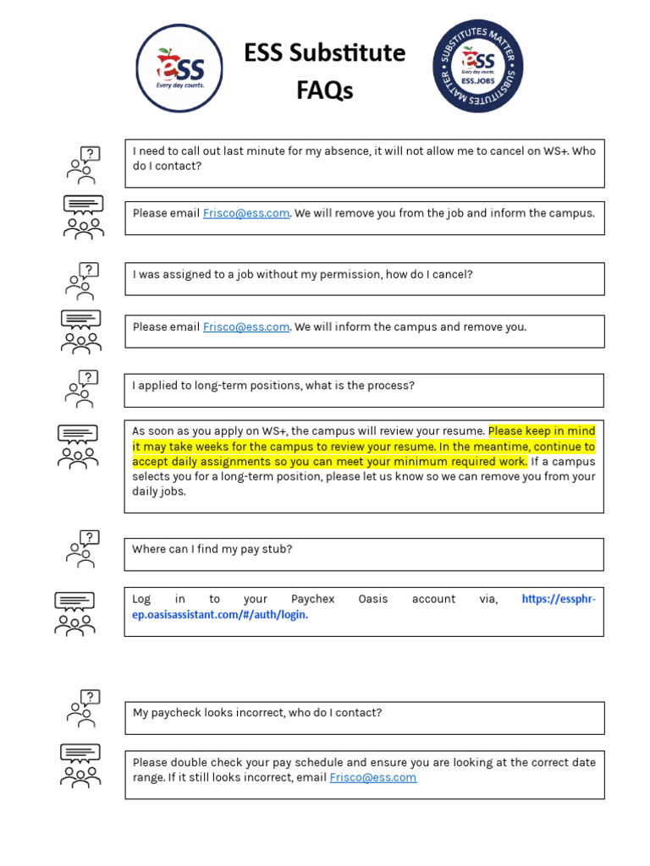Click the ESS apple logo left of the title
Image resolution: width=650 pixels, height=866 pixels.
click(x=179, y=69)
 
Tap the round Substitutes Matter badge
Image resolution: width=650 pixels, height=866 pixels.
click(x=478, y=67)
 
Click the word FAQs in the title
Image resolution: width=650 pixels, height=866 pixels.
click(x=325, y=90)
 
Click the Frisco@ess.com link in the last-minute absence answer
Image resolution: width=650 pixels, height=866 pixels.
click(x=245, y=213)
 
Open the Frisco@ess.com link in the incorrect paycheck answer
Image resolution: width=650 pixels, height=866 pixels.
click(x=372, y=777)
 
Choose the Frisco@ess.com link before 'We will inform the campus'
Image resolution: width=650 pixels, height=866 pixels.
click(x=245, y=326)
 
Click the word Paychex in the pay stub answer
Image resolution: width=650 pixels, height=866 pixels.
click(x=312, y=599)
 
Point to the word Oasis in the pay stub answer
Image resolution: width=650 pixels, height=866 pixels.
click(x=372, y=599)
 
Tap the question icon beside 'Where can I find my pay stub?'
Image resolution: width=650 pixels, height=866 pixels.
click(x=83, y=549)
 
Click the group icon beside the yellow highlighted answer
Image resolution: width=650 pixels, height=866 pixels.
click(x=78, y=447)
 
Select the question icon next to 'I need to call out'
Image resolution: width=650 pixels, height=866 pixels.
click(x=83, y=165)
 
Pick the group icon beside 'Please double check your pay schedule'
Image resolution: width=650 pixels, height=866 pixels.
click(x=80, y=765)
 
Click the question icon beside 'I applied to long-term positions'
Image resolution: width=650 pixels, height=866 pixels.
click(x=83, y=388)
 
